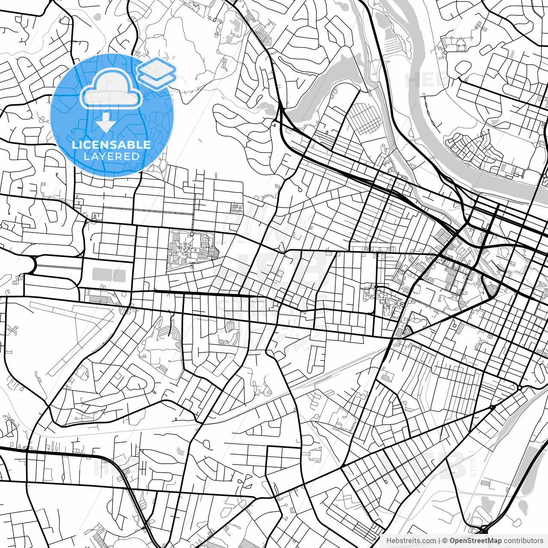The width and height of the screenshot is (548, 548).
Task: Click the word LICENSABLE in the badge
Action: (111, 145)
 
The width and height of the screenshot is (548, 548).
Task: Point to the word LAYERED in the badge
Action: (111, 156)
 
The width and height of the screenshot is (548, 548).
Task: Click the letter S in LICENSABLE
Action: (112, 145)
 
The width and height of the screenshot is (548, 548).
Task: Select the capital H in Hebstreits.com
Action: (389, 541)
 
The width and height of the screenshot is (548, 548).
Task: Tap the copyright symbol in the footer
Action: (445, 541)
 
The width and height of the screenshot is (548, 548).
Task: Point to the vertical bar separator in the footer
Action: (439, 541)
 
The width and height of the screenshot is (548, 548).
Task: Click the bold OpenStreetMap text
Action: (475, 541)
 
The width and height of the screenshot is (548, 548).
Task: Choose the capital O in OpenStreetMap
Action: (453, 541)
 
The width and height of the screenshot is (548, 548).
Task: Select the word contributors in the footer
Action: (523, 541)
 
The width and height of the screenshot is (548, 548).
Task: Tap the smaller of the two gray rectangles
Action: (119, 275)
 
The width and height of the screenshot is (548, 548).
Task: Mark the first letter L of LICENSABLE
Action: (74, 145)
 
